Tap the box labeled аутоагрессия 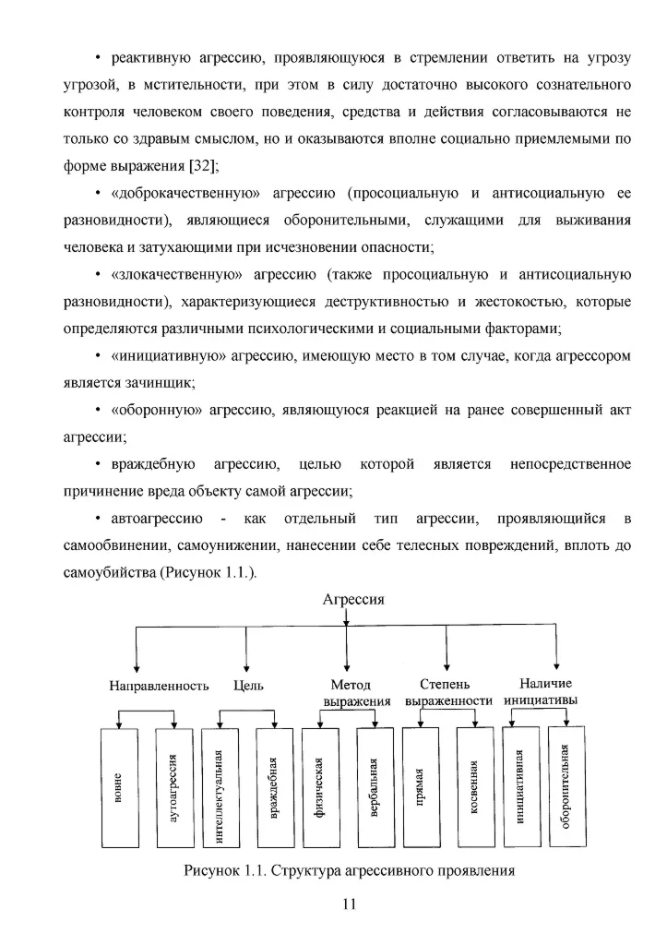175,787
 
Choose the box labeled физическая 318,787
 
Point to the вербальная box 374,787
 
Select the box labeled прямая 420,787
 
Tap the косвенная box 474,787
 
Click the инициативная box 520,787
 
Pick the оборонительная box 566,787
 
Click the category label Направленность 160,686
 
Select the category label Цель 249,686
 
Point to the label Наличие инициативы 546,692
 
